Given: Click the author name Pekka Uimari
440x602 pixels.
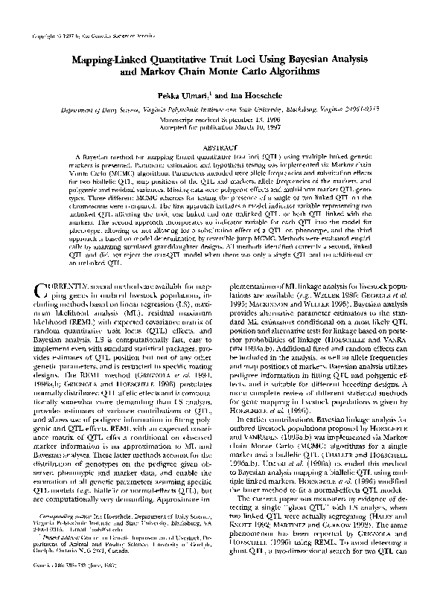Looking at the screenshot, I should [193, 97].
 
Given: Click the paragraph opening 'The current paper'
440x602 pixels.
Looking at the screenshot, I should [272, 506].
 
